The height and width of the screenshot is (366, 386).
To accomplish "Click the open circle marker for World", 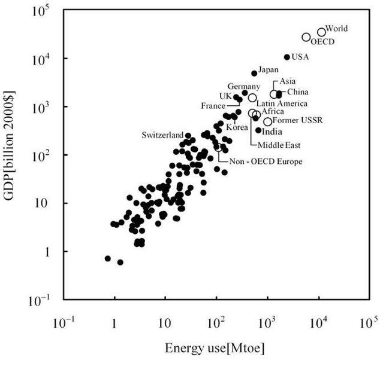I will [321, 32].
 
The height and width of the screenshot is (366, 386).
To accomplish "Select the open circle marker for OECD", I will [306, 37].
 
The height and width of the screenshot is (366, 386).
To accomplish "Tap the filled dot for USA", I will [287, 57].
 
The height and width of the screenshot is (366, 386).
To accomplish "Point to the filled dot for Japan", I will [254, 74].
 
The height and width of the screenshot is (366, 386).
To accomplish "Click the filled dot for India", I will [258, 130].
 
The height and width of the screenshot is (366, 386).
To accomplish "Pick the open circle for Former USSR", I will [267, 121].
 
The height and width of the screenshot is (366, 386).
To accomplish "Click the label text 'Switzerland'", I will [162, 135].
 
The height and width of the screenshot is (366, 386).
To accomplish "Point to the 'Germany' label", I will [243, 86].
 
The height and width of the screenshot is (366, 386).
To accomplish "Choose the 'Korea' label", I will [237, 127].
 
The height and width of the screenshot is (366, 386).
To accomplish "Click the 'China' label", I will [298, 91].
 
